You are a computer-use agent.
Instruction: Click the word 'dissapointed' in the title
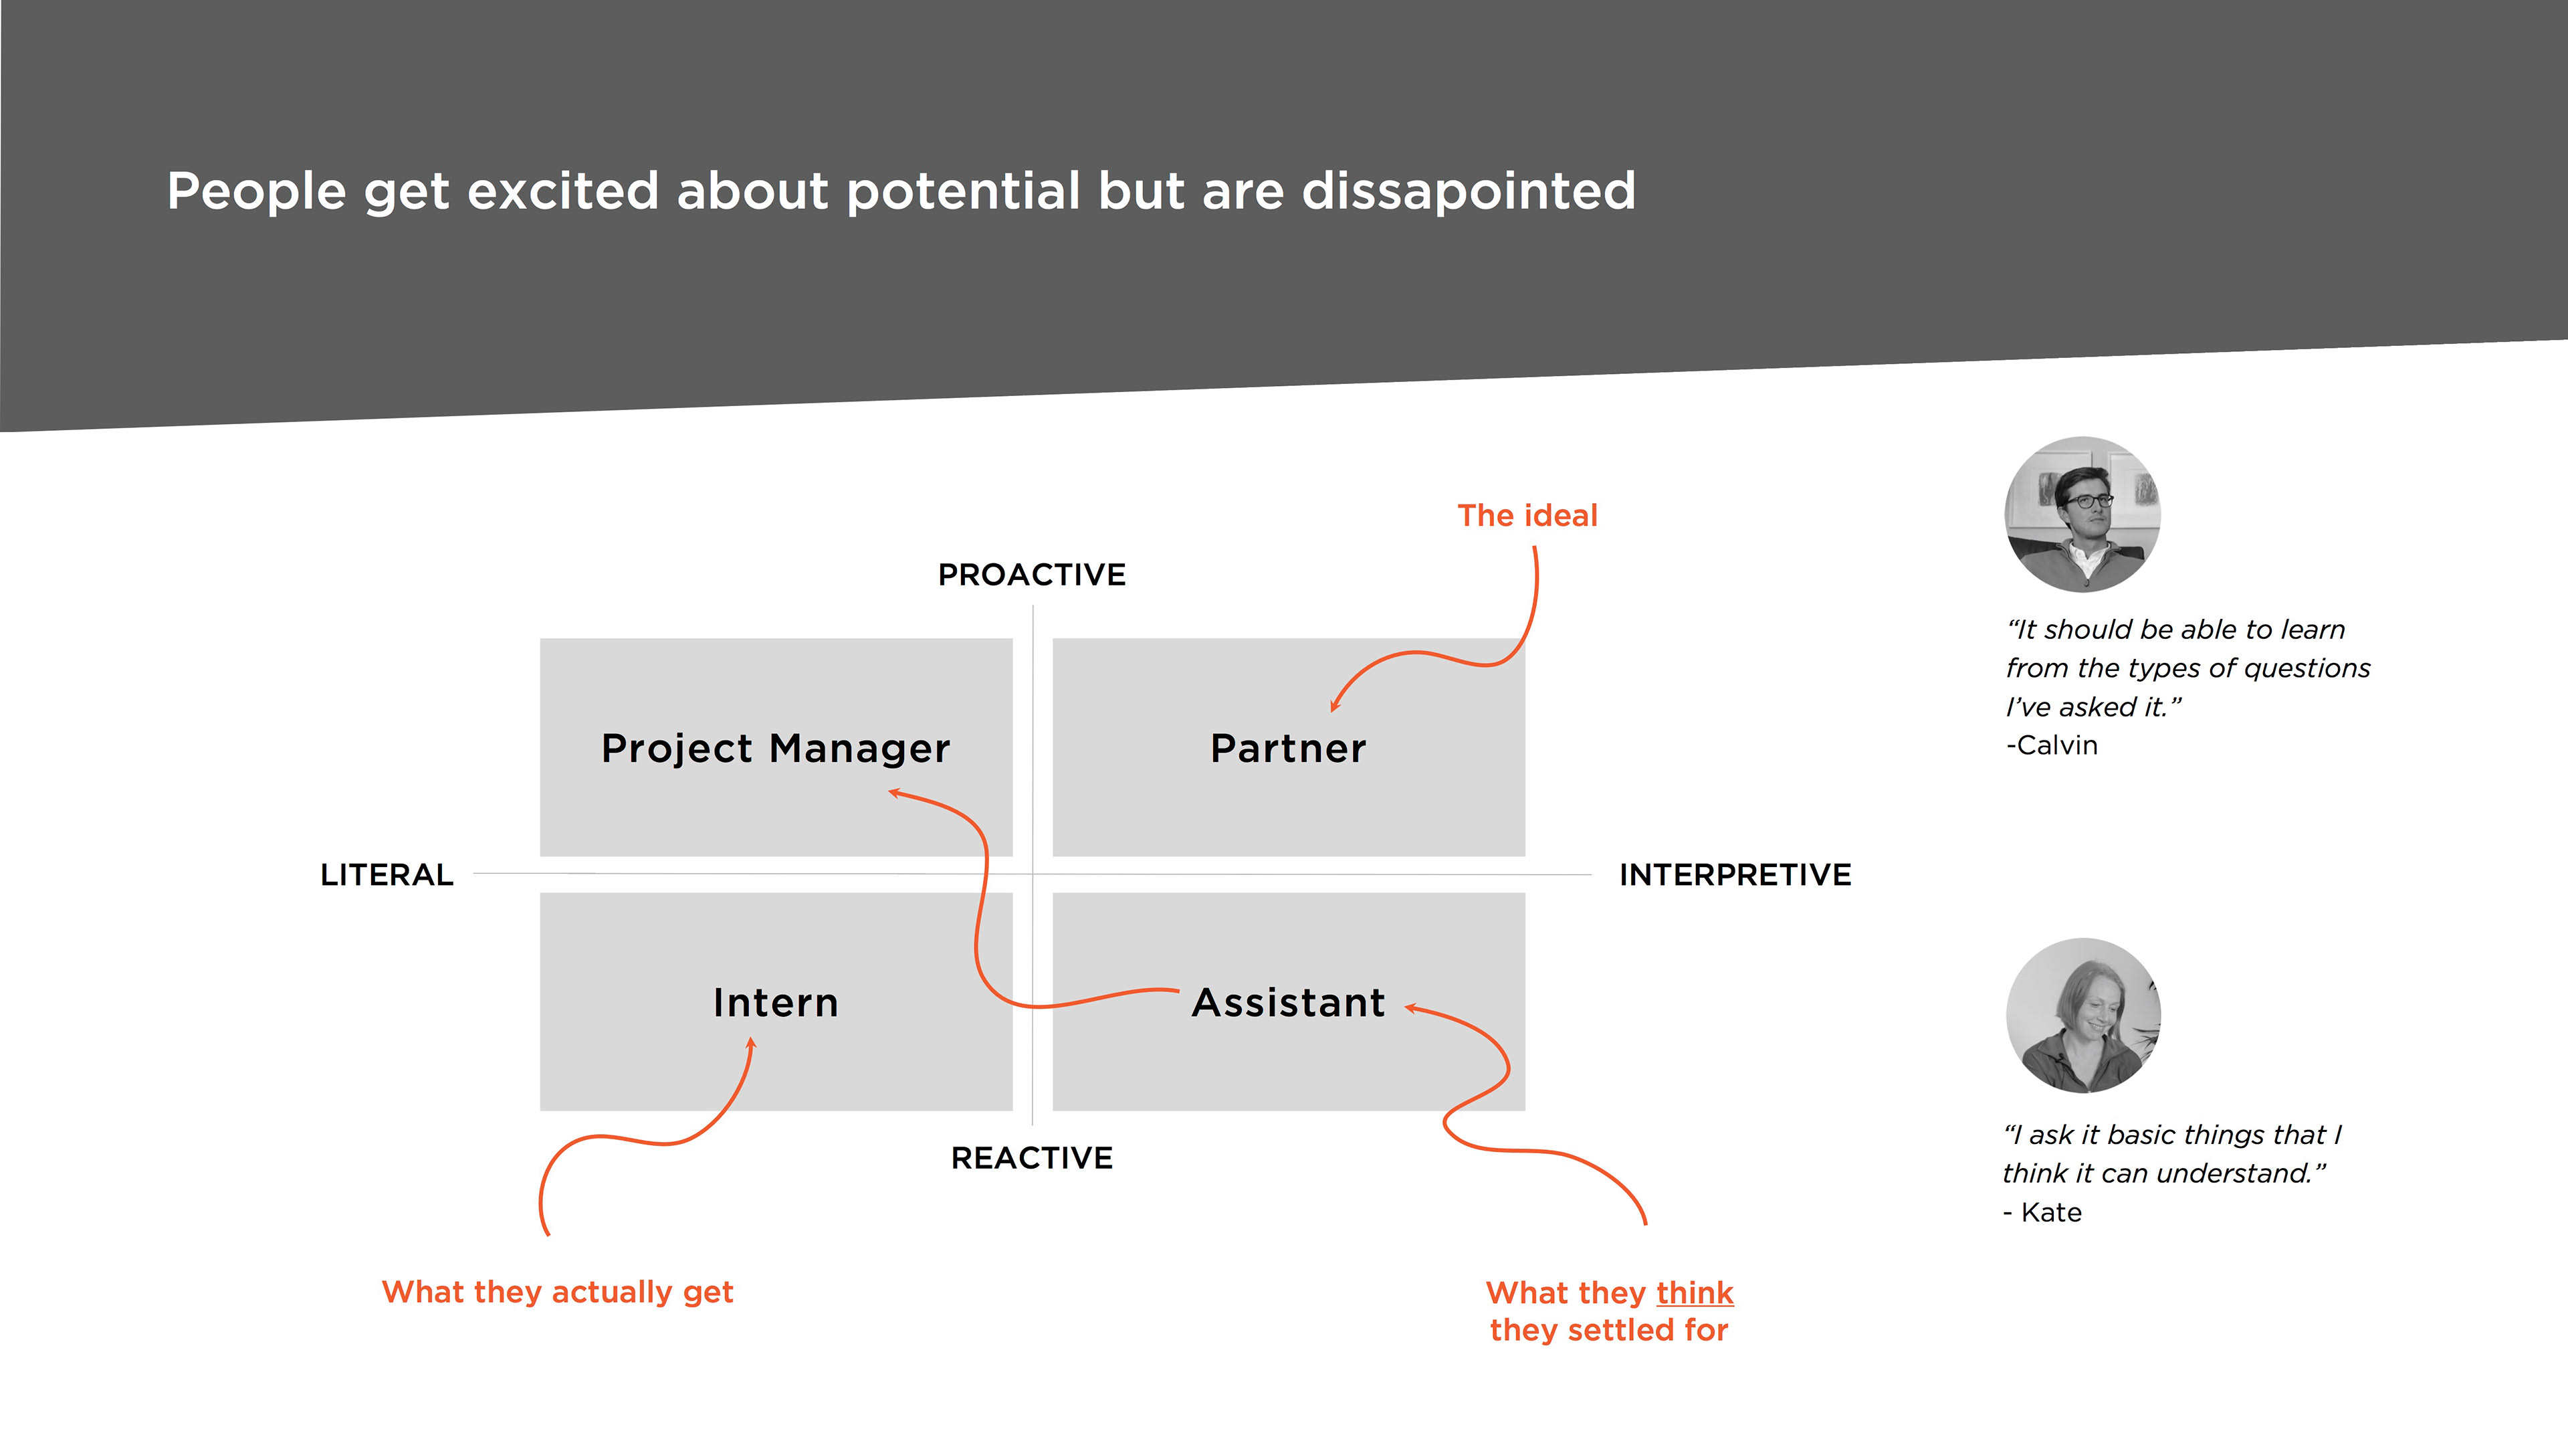pyautogui.click(x=1469, y=191)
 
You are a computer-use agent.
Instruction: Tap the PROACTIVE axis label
pyautogui.click(x=1032, y=575)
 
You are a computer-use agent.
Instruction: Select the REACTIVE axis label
pyautogui.click(x=1032, y=1158)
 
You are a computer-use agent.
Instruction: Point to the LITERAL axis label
pyautogui.click(x=387, y=874)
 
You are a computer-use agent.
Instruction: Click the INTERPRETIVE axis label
pyautogui.click(x=1735, y=874)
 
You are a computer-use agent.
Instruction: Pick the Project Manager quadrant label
pyautogui.click(x=776, y=748)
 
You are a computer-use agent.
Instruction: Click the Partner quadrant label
pyautogui.click(x=1288, y=748)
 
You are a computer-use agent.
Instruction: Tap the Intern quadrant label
pyautogui.click(x=776, y=1002)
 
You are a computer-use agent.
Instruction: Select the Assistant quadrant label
pyautogui.click(x=1288, y=1002)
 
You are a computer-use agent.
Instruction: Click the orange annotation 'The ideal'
pyautogui.click(x=1527, y=516)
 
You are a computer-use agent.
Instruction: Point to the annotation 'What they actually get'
pyautogui.click(x=557, y=1292)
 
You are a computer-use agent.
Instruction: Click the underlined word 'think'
pyautogui.click(x=1695, y=1293)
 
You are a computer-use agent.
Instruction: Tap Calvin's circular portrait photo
pyautogui.click(x=2082, y=514)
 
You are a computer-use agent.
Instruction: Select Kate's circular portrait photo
pyautogui.click(x=2082, y=1016)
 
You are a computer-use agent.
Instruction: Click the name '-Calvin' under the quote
pyautogui.click(x=2052, y=746)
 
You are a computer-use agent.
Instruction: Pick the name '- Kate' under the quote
pyautogui.click(x=2042, y=1213)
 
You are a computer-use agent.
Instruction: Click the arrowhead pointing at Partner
pyautogui.click(x=1335, y=706)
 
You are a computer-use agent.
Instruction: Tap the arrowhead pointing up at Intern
pyautogui.click(x=752, y=1043)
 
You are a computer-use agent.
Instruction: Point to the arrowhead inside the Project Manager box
pyautogui.click(x=894, y=793)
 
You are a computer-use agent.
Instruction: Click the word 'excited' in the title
pyautogui.click(x=562, y=191)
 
